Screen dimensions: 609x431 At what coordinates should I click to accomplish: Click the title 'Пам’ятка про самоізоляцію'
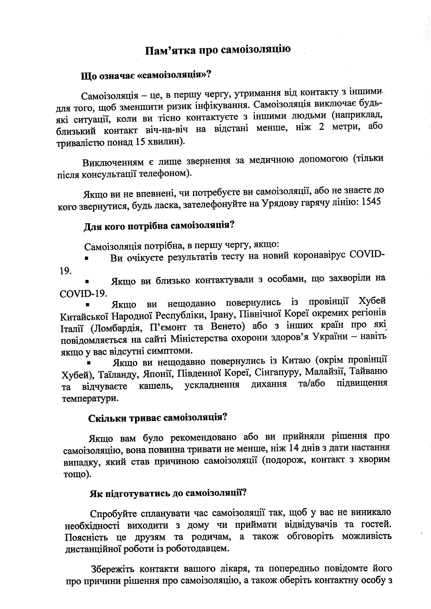[218, 50]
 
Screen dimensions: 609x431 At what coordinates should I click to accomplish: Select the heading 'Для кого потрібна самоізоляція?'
[159, 226]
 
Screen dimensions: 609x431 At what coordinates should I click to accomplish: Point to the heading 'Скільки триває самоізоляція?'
[158, 418]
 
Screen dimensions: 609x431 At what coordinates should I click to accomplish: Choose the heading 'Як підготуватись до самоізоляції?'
[168, 493]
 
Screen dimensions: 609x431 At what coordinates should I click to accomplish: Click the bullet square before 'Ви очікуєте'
[87, 259]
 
